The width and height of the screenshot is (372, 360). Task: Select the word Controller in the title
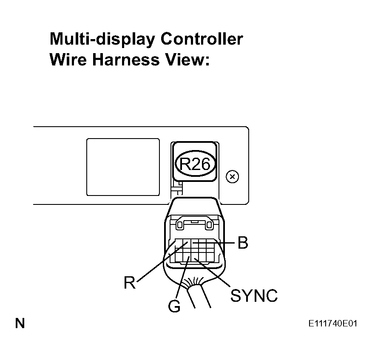click(202, 39)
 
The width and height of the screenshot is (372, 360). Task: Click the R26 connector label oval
click(196, 164)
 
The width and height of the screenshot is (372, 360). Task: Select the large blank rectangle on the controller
click(123, 167)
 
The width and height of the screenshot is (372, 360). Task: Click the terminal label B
click(242, 243)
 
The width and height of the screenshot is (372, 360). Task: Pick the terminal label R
click(129, 282)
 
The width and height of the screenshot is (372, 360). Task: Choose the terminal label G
click(174, 306)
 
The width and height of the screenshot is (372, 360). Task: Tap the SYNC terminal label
click(254, 295)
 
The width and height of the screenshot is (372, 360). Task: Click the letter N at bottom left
click(20, 324)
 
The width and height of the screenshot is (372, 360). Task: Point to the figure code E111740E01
click(333, 324)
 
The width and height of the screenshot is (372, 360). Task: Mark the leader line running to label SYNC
click(213, 272)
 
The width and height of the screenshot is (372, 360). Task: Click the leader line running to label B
click(223, 243)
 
